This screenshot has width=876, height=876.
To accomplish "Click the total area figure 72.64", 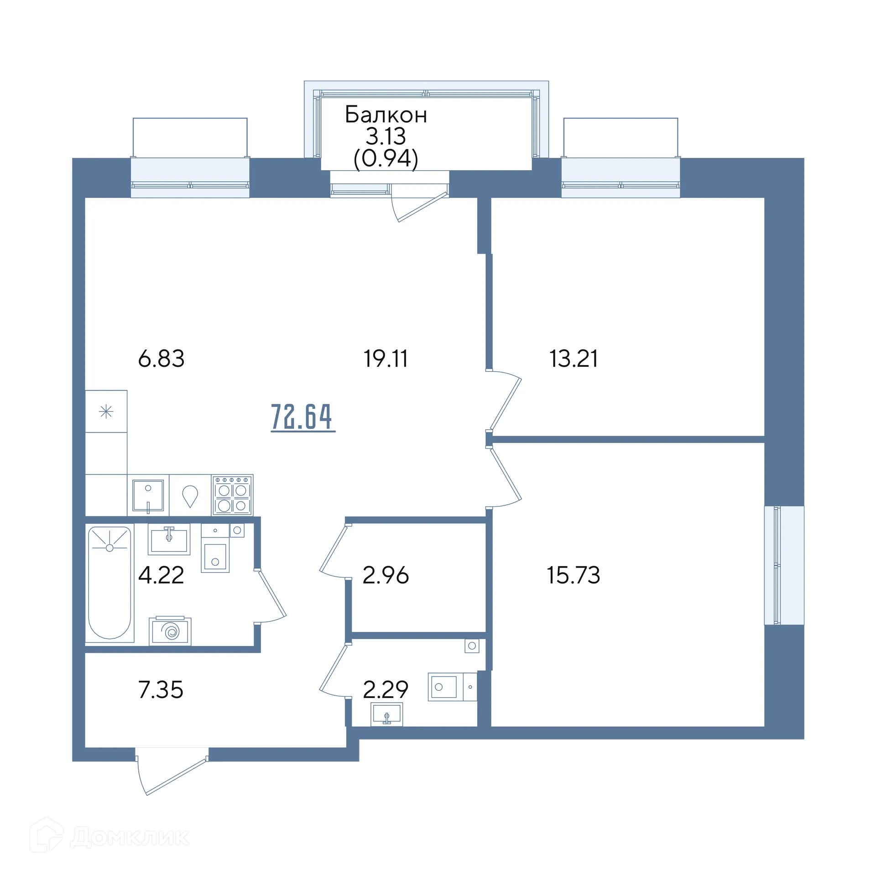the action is point(302,417).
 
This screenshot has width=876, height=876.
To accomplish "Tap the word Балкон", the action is point(386,115).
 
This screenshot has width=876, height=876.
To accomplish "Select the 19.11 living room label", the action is point(386,358).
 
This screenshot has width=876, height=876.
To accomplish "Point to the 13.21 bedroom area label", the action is point(574,358).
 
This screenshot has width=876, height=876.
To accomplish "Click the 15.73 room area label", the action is point(574,575).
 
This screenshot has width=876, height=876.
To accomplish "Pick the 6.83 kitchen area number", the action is point(161,358).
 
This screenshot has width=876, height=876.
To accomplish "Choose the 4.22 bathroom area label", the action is point(161,575).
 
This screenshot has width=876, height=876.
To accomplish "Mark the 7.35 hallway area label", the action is point(161,689).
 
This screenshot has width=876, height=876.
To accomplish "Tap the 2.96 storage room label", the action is point(386,575).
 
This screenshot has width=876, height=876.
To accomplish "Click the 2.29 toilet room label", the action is point(386,689).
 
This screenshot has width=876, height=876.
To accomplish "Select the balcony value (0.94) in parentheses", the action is point(386,159).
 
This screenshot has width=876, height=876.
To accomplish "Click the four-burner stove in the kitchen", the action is point(232,495).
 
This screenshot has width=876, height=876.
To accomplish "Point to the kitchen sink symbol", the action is point(148,495).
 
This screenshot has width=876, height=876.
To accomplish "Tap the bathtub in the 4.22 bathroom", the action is point(109,583).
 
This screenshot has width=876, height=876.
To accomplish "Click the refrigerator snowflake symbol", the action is point(106,412).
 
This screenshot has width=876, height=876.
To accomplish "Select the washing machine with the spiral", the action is point(170,631).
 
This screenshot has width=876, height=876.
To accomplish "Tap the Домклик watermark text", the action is point(130,837).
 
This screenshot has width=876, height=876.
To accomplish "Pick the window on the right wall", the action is point(784,565).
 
